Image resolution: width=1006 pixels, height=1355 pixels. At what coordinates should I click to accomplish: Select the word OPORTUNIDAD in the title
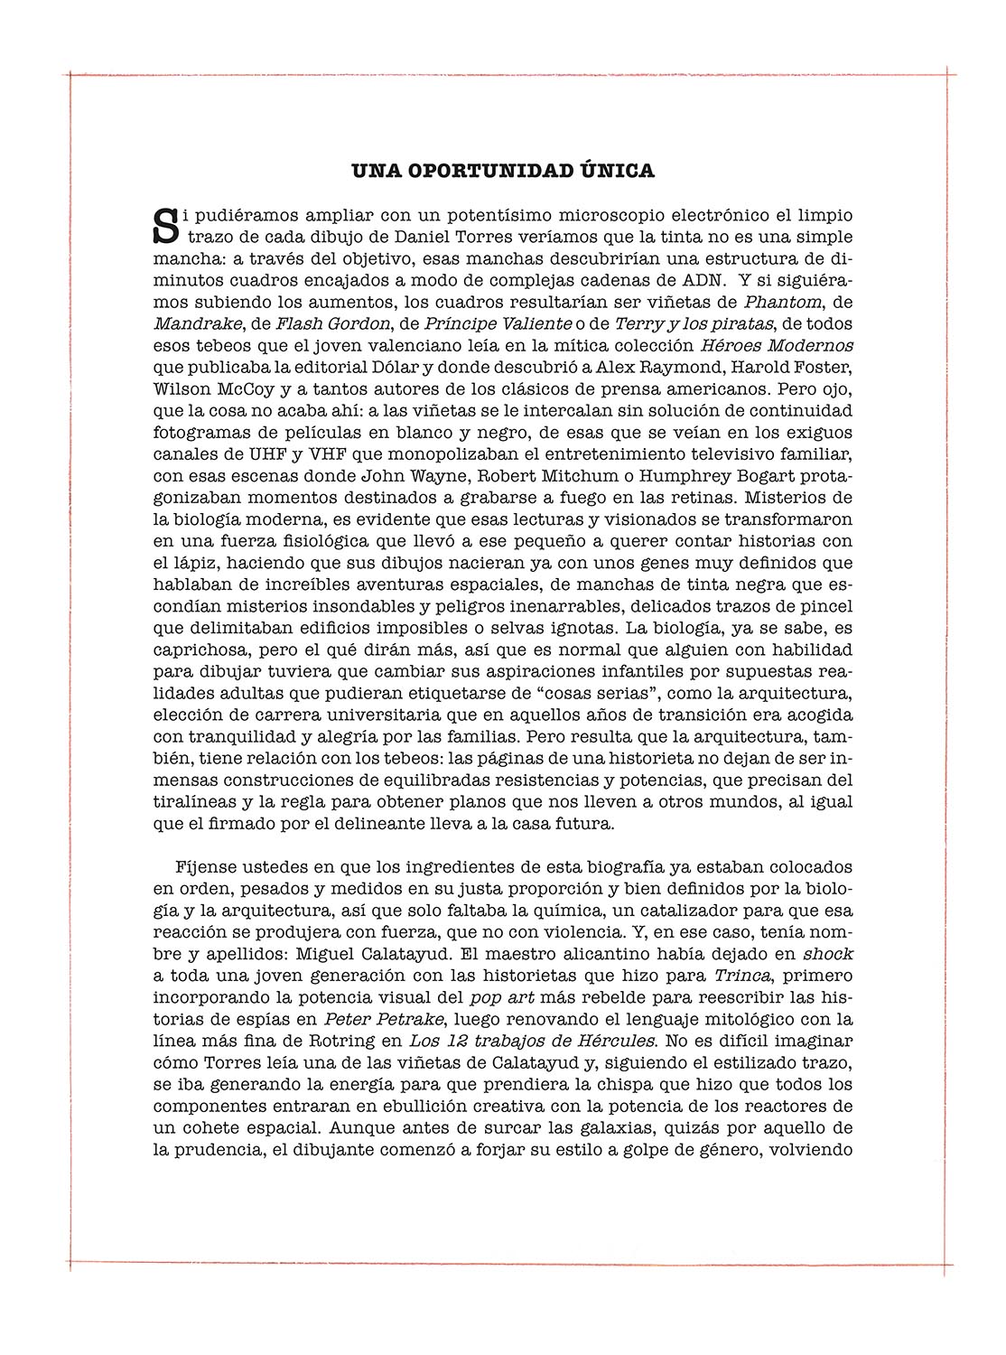[482, 171]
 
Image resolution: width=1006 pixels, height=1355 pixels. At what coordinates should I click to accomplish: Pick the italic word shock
[828, 954]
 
